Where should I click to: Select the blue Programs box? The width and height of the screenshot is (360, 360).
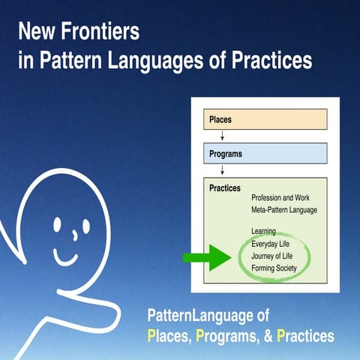tap(265, 153)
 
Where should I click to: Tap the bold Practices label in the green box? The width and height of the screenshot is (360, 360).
tap(225, 188)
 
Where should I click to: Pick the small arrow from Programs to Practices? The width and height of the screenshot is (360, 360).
tap(222, 170)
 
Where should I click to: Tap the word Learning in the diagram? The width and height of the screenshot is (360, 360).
tap(264, 231)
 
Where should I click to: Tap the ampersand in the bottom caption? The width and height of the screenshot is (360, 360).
tap(268, 335)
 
